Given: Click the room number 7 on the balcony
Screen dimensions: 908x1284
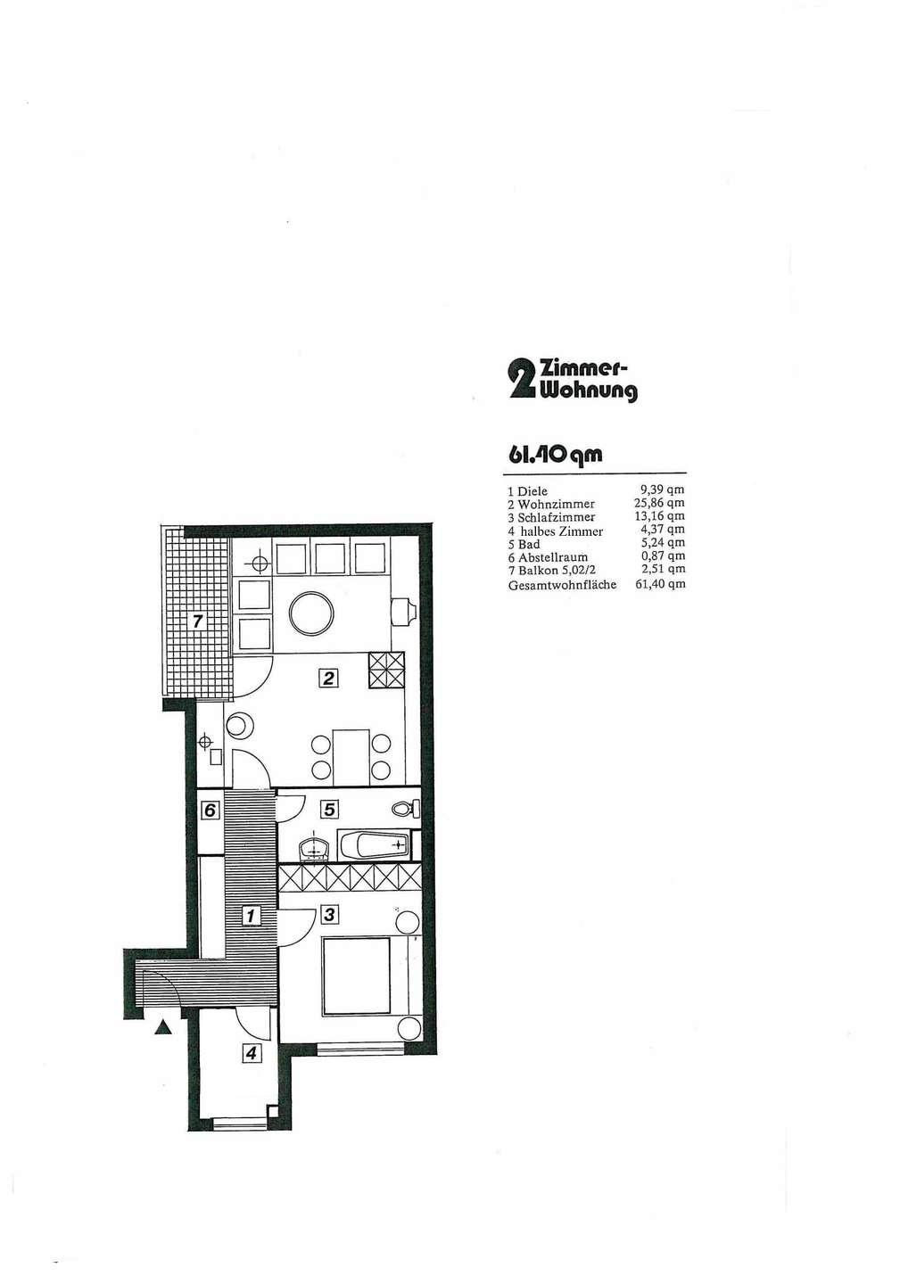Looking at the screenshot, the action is pyautogui.click(x=198, y=621).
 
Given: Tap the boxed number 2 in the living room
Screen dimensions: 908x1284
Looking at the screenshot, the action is pyautogui.click(x=329, y=679).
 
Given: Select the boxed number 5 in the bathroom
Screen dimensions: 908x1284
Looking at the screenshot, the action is pyautogui.click(x=330, y=810).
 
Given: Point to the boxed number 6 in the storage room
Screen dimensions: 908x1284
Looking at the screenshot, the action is pyautogui.click(x=210, y=811).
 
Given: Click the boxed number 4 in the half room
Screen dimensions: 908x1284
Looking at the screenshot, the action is pyautogui.click(x=251, y=1053).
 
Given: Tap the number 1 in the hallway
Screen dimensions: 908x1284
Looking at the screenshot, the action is pyautogui.click(x=251, y=916).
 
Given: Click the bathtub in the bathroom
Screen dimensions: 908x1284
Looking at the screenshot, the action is pyautogui.click(x=375, y=845).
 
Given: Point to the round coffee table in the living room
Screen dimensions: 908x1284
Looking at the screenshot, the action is pyautogui.click(x=311, y=613).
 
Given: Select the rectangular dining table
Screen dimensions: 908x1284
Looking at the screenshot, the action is pyautogui.click(x=352, y=757).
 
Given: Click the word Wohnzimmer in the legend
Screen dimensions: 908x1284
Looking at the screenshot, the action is pyautogui.click(x=556, y=505).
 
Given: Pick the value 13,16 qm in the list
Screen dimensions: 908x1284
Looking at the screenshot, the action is pyautogui.click(x=662, y=516).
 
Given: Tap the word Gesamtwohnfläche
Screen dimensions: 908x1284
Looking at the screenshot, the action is pyautogui.click(x=562, y=585).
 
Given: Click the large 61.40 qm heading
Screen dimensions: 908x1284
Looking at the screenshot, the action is pyautogui.click(x=555, y=455).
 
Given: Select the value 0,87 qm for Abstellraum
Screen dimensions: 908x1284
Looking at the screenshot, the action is pyautogui.click(x=664, y=556).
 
